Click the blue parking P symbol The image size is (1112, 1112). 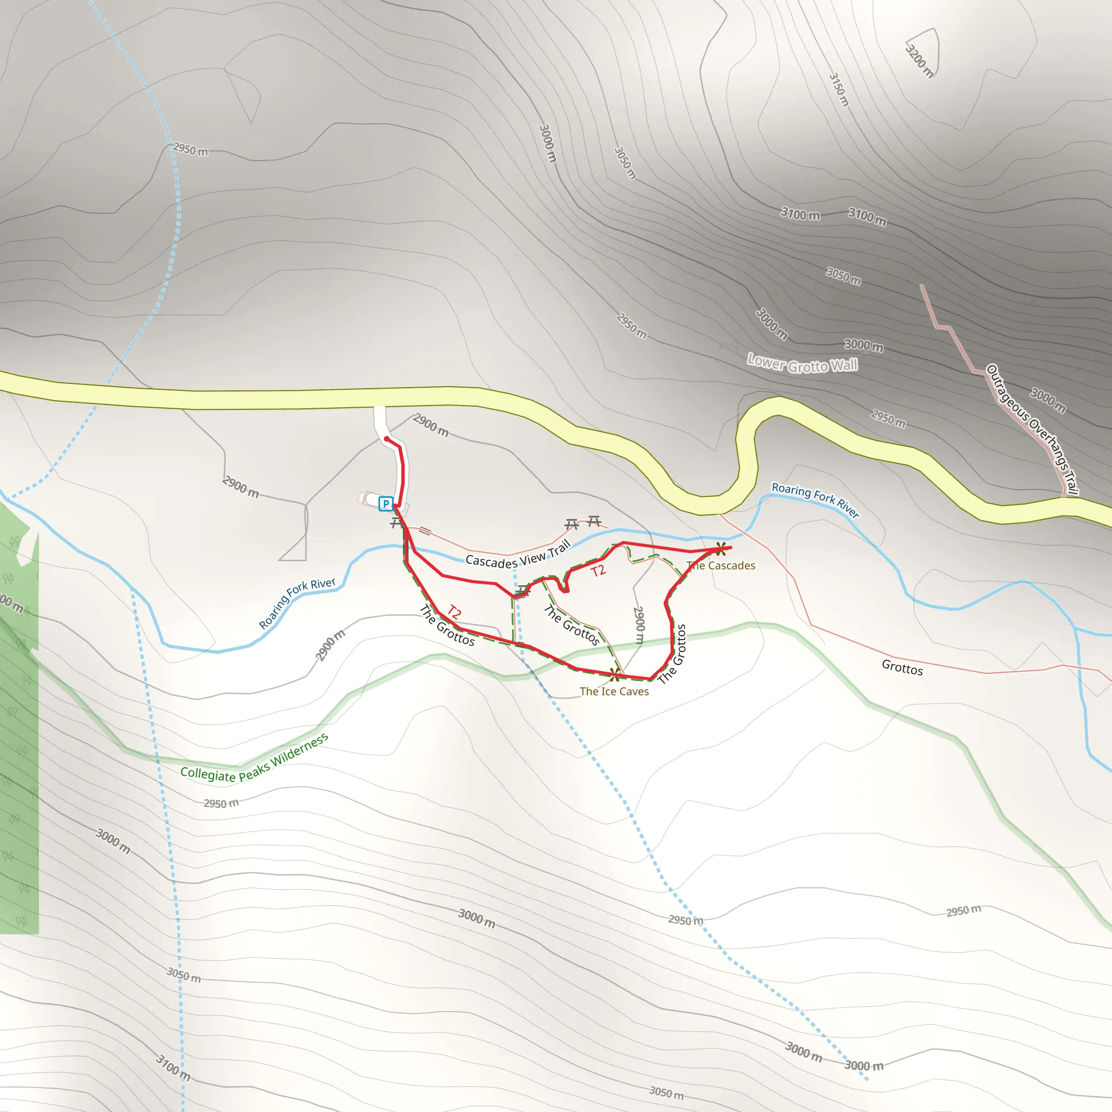[386, 504]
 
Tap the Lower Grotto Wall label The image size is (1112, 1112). [803, 364]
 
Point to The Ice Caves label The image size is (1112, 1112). [614, 691]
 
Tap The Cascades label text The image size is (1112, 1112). [721, 566]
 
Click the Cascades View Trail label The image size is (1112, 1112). [518, 555]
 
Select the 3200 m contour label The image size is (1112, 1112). [919, 60]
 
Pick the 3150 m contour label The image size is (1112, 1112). [838, 89]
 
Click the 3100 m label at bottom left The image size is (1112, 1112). [173, 1067]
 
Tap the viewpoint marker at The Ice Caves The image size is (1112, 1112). [615, 674]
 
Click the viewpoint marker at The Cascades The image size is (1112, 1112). [720, 548]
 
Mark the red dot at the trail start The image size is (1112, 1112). [387, 439]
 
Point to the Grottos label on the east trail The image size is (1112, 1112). [902, 668]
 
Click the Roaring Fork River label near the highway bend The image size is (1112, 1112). [815, 500]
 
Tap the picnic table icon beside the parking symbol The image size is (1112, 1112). [396, 523]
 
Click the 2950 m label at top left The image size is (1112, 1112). [191, 150]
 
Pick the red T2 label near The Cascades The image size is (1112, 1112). [598, 571]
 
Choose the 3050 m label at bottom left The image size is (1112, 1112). [184, 975]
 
